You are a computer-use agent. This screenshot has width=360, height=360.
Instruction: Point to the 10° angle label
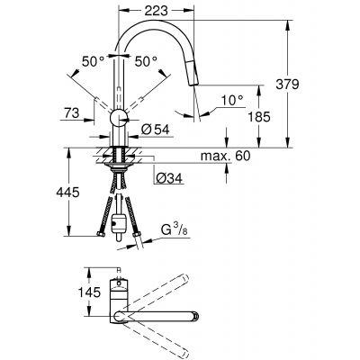coord(234,97)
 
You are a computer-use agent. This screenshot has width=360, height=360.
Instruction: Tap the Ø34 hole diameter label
coord(167,176)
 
